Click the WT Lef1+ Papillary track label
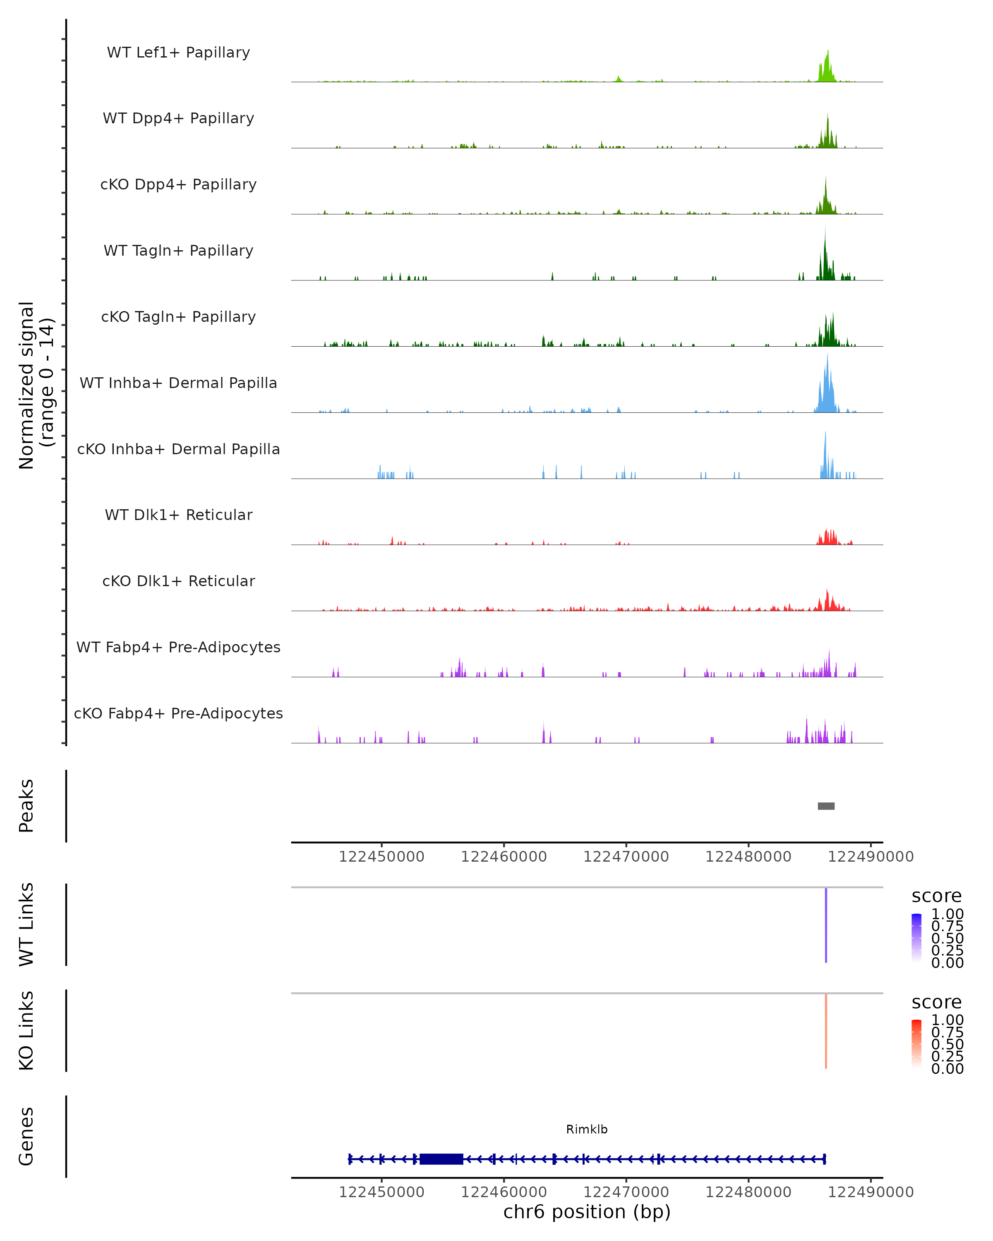(x=178, y=53)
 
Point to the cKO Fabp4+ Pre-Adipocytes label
(x=178, y=713)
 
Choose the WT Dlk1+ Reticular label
(x=178, y=515)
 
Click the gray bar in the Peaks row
(x=826, y=806)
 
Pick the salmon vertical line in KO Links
(x=826, y=1031)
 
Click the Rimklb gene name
(x=587, y=1129)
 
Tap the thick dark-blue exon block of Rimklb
(x=441, y=1159)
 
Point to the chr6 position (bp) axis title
(x=587, y=1212)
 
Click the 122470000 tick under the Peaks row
(x=626, y=857)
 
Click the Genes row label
(x=26, y=1136)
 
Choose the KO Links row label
(x=26, y=1030)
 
